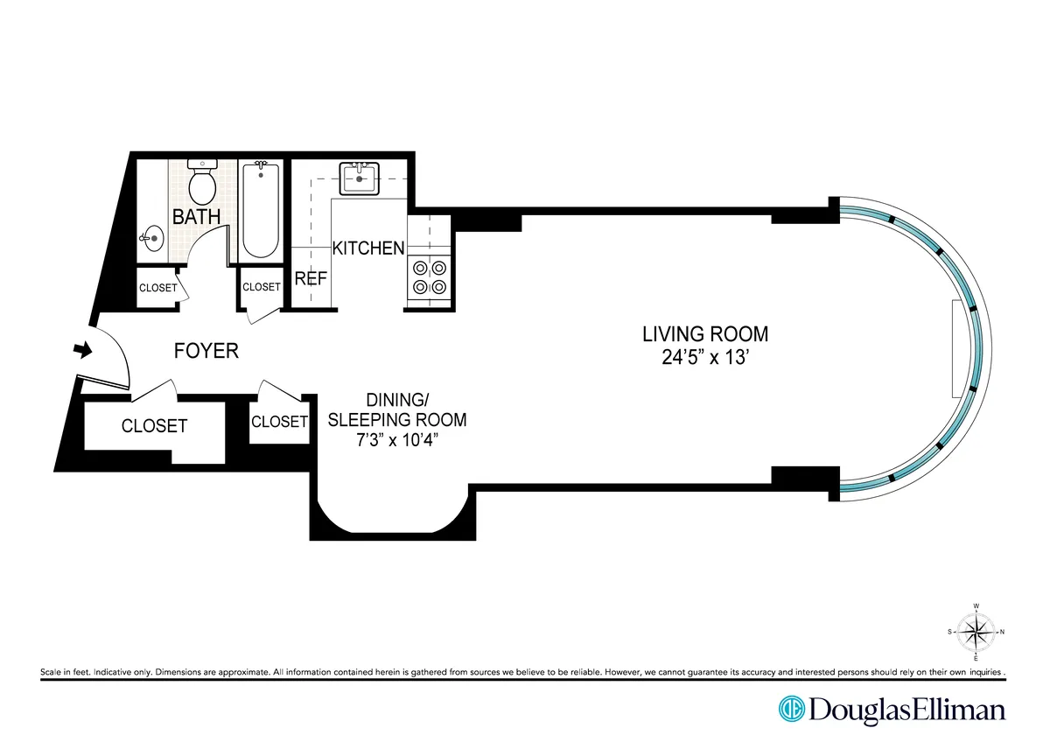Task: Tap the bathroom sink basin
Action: click(153, 237)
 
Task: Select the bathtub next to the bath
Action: click(258, 210)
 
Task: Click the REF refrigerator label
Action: click(311, 279)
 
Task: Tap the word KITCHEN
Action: click(368, 248)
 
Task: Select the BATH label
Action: click(196, 217)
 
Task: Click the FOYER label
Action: click(206, 351)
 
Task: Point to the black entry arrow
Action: click(81, 350)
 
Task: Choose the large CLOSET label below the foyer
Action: click(154, 426)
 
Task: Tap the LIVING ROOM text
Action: click(704, 333)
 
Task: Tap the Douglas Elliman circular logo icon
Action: click(792, 709)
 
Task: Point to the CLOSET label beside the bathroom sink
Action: click(157, 288)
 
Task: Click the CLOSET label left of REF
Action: click(261, 287)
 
